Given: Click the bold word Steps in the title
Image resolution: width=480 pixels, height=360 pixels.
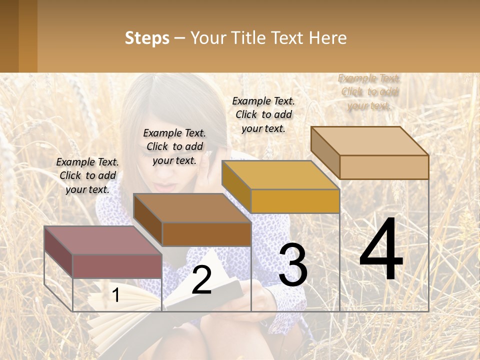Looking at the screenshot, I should pyautogui.click(x=147, y=38).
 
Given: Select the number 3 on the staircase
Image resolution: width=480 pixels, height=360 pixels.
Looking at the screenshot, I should pyautogui.click(x=293, y=265).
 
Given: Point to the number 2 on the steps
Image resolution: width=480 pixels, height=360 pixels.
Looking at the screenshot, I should pyautogui.click(x=201, y=280).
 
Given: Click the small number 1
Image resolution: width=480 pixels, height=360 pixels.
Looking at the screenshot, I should pyautogui.click(x=116, y=295).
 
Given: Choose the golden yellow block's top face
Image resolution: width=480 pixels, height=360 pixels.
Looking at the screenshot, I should pyautogui.click(x=280, y=175).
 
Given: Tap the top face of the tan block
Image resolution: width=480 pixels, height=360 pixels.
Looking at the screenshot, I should pyautogui.click(x=369, y=141).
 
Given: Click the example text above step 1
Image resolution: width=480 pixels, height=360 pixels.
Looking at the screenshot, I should pyautogui.click(x=87, y=175).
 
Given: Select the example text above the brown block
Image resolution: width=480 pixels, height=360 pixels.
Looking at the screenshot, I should pyautogui.click(x=174, y=146).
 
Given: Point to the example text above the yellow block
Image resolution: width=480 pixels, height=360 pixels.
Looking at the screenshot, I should pyautogui.click(x=263, y=114).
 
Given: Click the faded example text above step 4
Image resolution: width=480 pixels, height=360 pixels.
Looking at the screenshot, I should pyautogui.click(x=369, y=92).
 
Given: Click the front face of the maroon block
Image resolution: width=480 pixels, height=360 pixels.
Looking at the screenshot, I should pyautogui.click(x=117, y=266).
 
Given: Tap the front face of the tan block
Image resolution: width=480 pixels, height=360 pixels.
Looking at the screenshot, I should pyautogui.click(x=384, y=167).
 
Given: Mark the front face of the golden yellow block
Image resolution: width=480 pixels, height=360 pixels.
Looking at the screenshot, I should pyautogui.click(x=295, y=201).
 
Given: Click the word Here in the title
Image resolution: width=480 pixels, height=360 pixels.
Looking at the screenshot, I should pyautogui.click(x=327, y=38).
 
